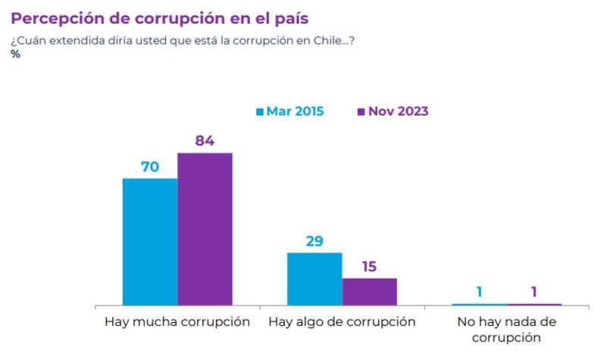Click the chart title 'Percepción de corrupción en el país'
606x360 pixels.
159,17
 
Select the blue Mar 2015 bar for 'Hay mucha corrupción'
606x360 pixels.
150,242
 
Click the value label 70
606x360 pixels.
150,167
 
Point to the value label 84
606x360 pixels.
205,141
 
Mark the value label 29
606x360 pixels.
314,241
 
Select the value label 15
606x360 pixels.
369,267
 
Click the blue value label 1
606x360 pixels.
479,292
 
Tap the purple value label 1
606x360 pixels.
534,292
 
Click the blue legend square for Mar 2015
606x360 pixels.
259,112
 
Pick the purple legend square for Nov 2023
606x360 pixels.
361,112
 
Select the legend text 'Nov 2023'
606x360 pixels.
398,111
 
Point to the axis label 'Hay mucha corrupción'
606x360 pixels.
176,321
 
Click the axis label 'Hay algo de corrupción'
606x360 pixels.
342,321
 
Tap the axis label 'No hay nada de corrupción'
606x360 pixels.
507,329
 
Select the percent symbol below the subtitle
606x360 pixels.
15,55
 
